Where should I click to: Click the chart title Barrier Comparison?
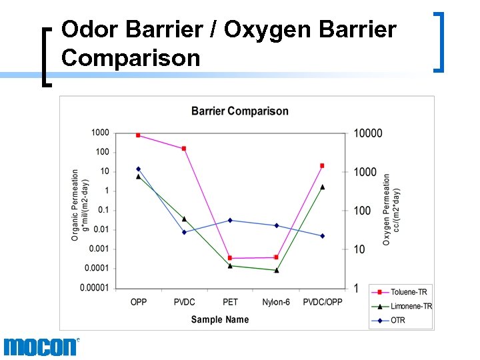239,111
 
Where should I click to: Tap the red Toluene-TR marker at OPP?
138,135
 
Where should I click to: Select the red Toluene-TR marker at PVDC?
184,149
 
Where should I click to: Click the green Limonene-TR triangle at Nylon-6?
276,270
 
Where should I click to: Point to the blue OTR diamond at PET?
230,220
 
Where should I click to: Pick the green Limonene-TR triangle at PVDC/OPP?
322,187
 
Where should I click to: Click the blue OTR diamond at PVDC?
184,232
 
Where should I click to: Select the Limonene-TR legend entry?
401,306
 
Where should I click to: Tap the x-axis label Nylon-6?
276,302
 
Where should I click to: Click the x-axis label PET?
230,302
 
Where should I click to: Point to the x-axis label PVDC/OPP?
323,302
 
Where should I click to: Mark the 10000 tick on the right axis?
367,133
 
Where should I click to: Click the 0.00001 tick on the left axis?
95,288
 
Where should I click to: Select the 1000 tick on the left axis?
100,133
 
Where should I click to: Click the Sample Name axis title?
220,319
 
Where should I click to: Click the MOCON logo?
40,347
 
